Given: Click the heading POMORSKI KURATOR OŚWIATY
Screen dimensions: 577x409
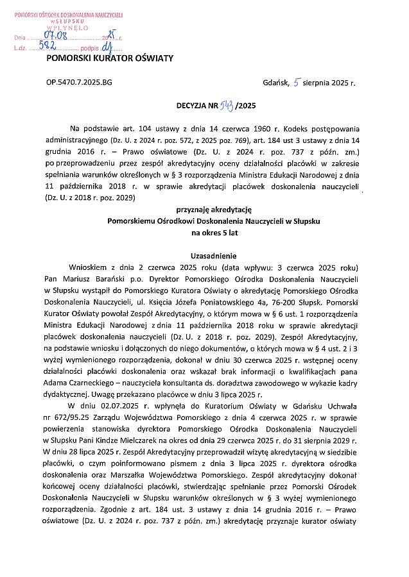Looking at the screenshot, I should (x=110, y=58).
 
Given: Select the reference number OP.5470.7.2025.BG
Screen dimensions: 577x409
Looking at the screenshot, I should (x=79, y=83).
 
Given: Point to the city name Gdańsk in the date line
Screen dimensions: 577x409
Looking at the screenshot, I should (x=275, y=83).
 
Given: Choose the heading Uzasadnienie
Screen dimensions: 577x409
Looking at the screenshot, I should (x=215, y=255).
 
